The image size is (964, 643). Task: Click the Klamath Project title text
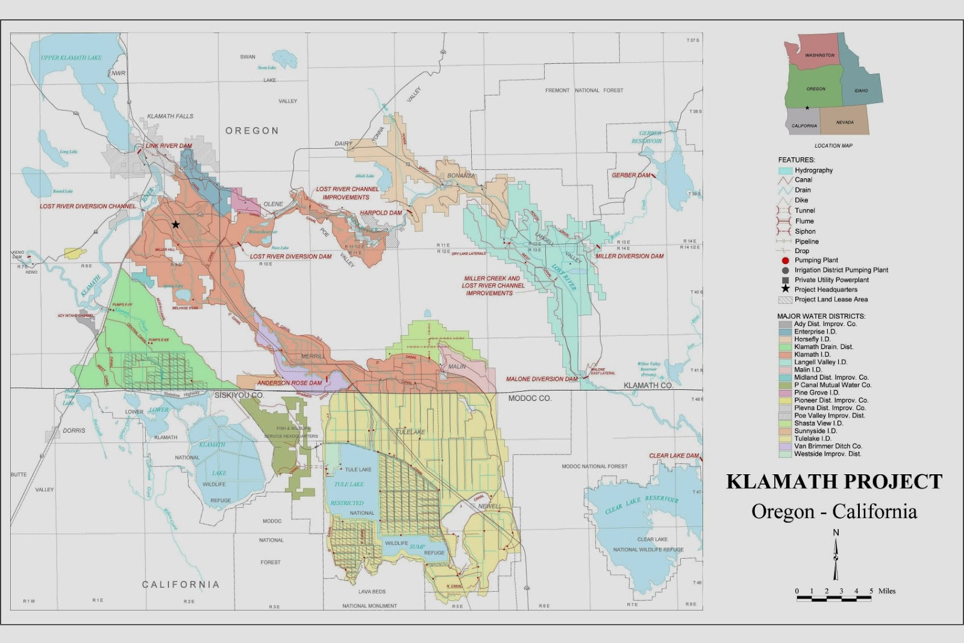pos(834,481)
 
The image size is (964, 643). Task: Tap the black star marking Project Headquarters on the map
pos(175,224)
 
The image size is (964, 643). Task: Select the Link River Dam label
pos(169,146)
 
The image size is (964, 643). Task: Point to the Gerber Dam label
pos(631,175)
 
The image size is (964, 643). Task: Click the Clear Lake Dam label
pos(674,456)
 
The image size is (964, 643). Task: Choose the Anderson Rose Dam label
pos(289,383)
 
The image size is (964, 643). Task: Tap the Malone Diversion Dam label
pos(541,379)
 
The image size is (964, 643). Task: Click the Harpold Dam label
pos(381,213)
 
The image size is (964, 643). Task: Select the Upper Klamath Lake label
pos(71,58)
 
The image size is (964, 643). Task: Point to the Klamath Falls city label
pos(171,116)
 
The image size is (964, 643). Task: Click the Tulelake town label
pos(410,432)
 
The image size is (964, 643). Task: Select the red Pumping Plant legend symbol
pos(785,260)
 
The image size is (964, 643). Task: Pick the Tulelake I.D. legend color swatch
pos(784,439)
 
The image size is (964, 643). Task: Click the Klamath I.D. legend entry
pos(812,354)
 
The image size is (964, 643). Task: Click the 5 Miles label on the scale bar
pos(882,591)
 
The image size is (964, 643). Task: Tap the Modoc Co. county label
pos(530,398)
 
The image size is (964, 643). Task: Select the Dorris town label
pos(74,431)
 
